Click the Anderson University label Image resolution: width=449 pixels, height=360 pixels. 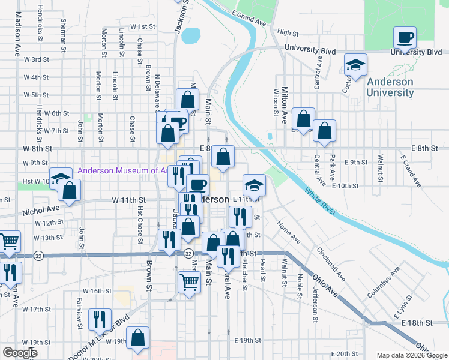pos(390,87)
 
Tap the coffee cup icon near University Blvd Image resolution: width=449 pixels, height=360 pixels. pos(405,38)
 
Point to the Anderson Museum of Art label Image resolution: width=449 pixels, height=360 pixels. pos(124,170)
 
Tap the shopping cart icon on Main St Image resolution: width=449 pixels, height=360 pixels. pos(189,281)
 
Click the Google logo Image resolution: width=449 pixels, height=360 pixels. pos(20,353)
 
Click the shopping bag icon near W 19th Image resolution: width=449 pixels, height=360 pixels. pos(138,338)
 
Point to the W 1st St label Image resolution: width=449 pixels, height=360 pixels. pos(140,27)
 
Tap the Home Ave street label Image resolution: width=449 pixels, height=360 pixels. pos(288,231)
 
